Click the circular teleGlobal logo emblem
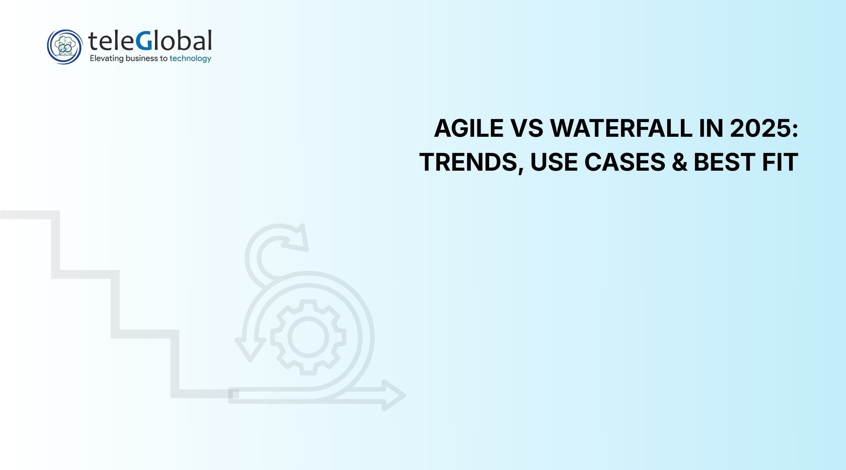[65, 47]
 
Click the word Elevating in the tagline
[107, 59]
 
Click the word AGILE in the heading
[469, 128]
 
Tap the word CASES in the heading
[625, 162]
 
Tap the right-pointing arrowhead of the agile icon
[394, 395]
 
